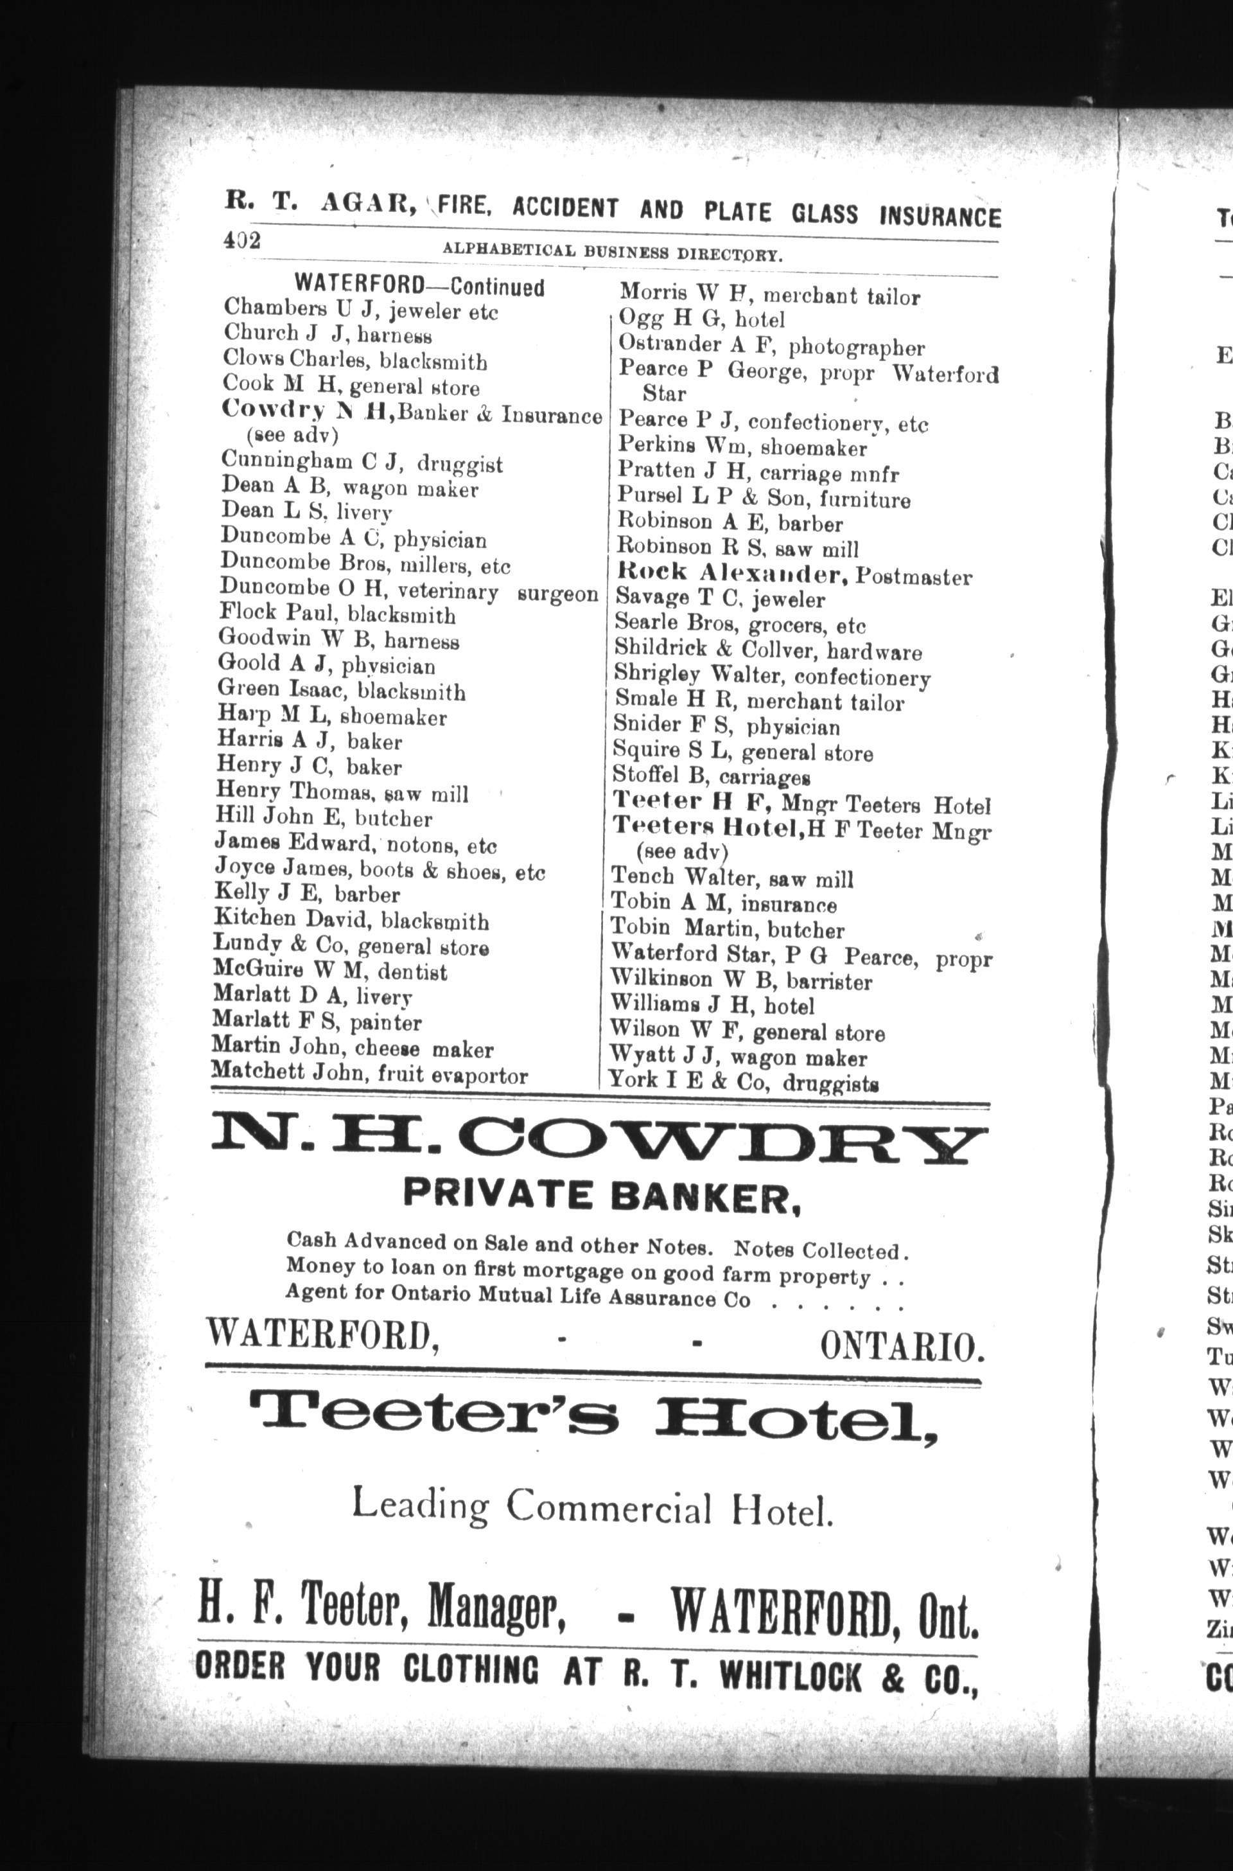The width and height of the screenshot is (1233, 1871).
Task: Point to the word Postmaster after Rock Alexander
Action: [x=913, y=578]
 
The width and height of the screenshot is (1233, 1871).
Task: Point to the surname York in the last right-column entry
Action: [x=634, y=1079]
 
